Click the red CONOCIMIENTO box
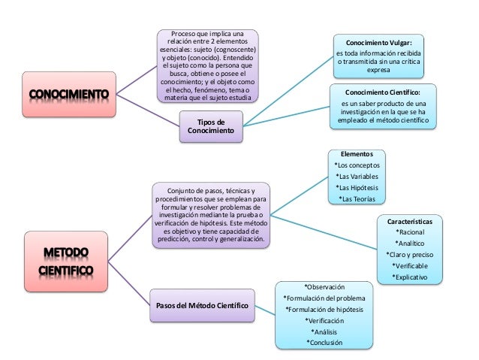click(68, 95)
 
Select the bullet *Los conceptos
click(357, 165)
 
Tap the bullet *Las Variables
click(357, 176)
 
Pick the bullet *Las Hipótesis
click(358, 187)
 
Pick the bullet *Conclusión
click(324, 342)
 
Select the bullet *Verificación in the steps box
click(324, 319)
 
